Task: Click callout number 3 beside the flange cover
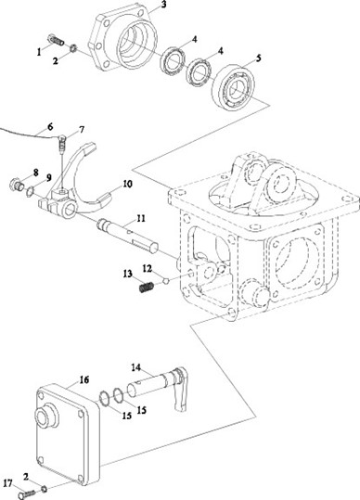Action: point(163,5)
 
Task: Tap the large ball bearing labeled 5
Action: point(233,88)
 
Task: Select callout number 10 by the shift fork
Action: point(127,184)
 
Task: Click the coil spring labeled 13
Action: point(147,287)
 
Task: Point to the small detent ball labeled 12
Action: point(165,281)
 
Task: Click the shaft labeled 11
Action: point(127,237)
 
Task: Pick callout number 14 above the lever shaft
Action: point(135,367)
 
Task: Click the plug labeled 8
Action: point(17,185)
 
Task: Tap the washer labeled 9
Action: point(30,191)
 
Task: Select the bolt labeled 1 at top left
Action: point(56,40)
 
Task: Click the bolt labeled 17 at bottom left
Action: point(27,494)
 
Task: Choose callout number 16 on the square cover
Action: point(84,379)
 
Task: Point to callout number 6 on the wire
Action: point(50,126)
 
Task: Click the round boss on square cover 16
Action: point(45,416)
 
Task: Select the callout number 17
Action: point(7,483)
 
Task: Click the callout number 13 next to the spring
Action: point(127,274)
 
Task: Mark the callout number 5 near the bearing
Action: point(258,58)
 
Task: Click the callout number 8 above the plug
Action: point(35,173)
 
